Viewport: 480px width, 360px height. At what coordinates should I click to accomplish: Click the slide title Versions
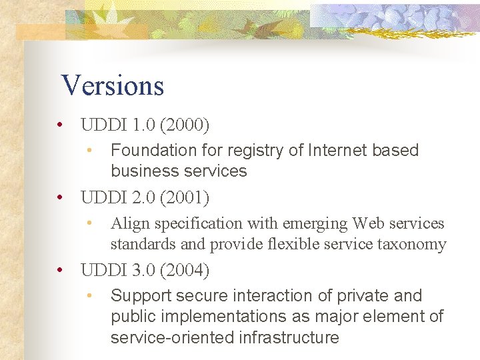(x=112, y=85)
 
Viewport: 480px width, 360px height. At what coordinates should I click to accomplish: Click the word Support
(x=138, y=296)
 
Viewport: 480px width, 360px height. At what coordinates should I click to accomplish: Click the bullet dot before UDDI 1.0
(x=60, y=125)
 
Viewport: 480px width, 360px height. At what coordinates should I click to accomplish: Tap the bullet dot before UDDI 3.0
(x=60, y=271)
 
